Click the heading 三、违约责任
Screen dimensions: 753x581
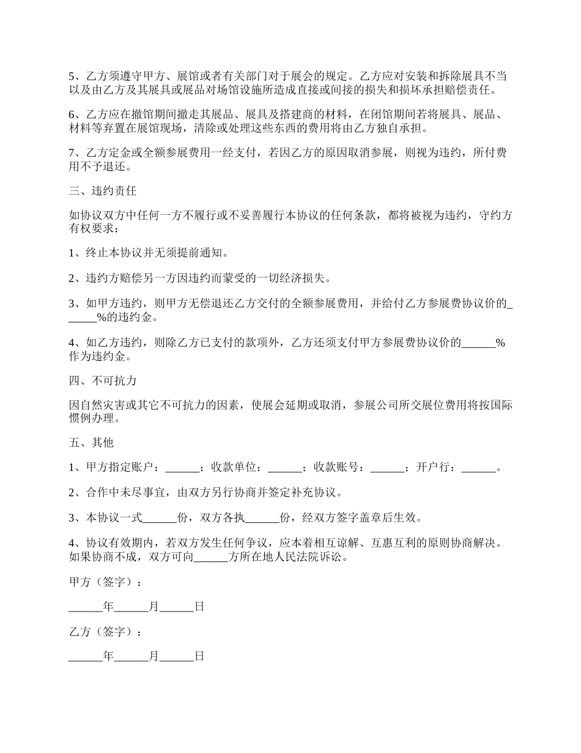pos(102,190)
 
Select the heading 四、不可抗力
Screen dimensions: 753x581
pos(102,381)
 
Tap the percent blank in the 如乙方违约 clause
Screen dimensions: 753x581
pos(478,344)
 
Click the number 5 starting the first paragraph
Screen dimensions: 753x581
pos(71,77)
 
